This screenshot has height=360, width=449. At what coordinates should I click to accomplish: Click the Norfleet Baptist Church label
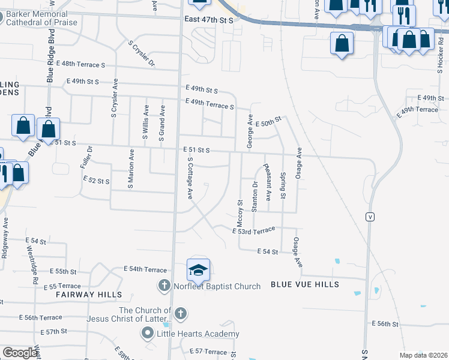click(217, 286)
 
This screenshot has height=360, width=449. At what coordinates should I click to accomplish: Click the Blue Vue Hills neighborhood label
click(304, 284)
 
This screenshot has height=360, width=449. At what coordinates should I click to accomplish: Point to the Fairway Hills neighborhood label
click(89, 295)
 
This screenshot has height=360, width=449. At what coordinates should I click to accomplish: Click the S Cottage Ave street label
click(190, 178)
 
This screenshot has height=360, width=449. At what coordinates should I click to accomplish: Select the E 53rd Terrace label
click(254, 230)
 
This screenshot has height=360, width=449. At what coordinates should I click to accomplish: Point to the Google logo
click(20, 352)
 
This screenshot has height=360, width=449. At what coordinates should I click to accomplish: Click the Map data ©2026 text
click(423, 355)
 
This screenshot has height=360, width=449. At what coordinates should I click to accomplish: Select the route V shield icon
click(371, 217)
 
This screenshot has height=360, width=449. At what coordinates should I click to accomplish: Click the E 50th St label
click(268, 122)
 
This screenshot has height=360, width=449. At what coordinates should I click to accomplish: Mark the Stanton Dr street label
click(255, 197)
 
